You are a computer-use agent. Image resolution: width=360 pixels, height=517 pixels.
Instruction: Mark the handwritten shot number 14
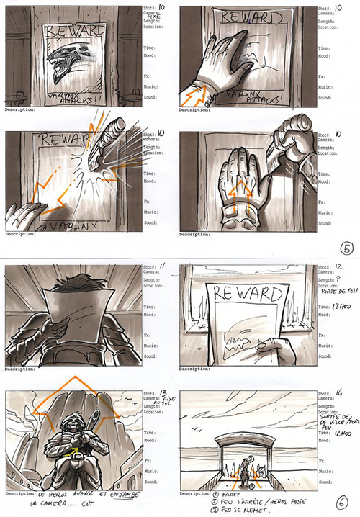click(x=334, y=396)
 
